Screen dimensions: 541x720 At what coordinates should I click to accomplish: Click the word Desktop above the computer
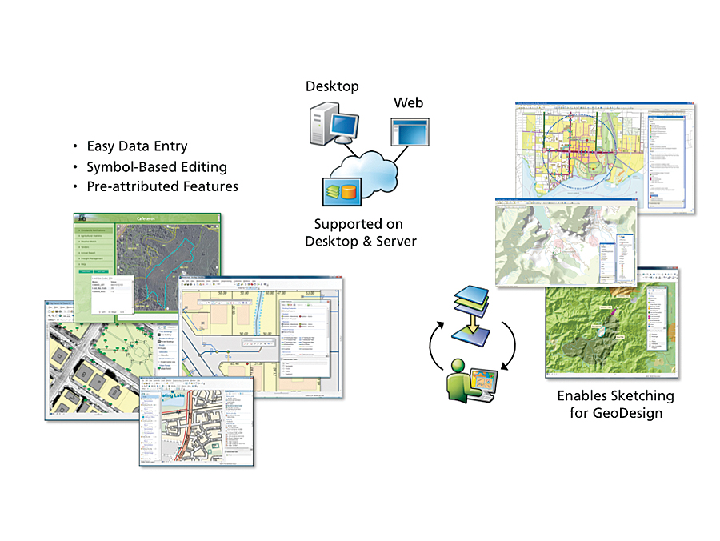click(332, 86)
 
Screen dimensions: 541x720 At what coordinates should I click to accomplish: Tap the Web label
click(408, 103)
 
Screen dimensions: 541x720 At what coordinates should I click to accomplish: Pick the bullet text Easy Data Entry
click(137, 146)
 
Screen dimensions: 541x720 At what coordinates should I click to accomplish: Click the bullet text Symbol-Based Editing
click(157, 167)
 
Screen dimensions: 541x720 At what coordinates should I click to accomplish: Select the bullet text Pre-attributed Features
click(162, 186)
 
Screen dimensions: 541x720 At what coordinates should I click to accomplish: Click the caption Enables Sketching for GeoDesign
click(615, 404)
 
